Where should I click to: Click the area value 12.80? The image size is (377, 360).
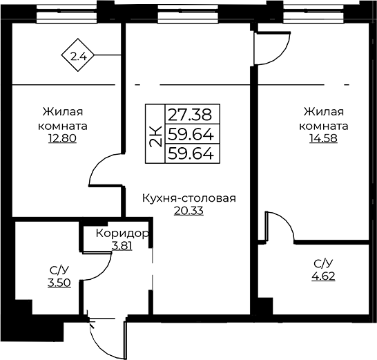[x=63, y=139]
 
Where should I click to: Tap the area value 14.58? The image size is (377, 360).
[x=323, y=139]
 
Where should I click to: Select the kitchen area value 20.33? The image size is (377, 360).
[x=188, y=211]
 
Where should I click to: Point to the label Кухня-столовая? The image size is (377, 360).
[x=189, y=199]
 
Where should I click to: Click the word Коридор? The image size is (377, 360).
[x=122, y=234]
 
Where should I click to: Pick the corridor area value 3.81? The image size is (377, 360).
[x=122, y=246]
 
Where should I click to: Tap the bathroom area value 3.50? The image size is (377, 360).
[x=59, y=283]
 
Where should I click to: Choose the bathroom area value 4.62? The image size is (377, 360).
[x=323, y=276]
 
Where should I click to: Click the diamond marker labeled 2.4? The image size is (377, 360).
[x=77, y=55]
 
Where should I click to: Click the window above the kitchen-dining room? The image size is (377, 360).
[x=188, y=14]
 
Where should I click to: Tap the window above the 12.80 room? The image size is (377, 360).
[x=66, y=14]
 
